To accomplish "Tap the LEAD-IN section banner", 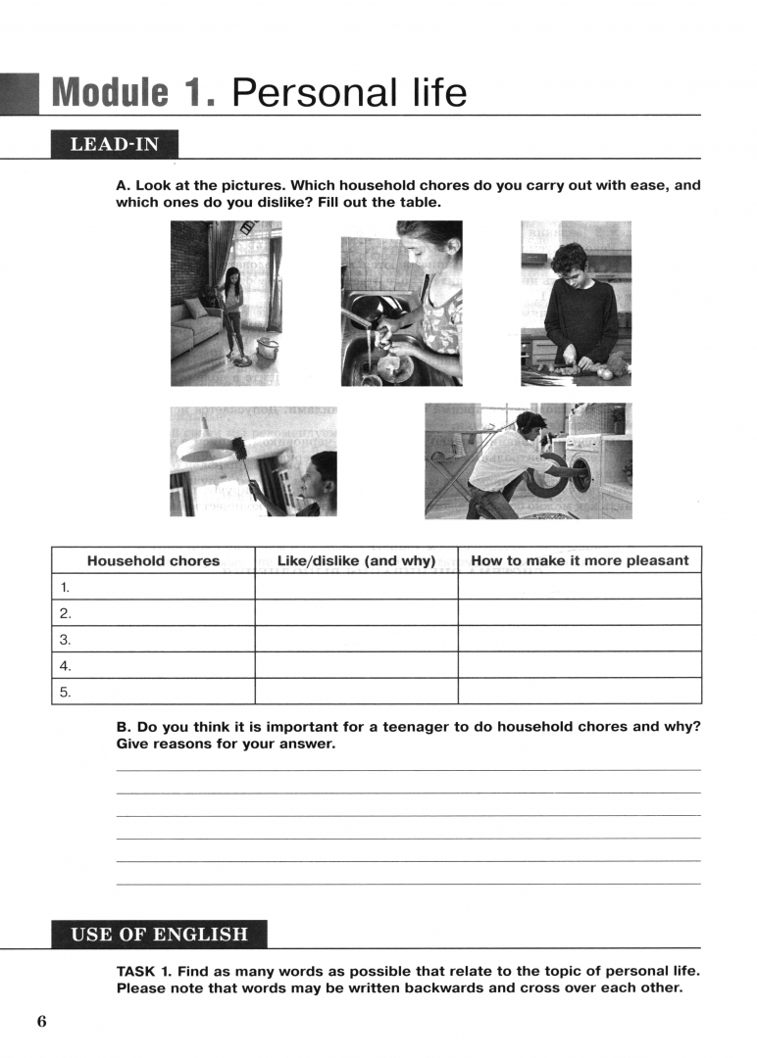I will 114,145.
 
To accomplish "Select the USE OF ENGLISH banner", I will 159,934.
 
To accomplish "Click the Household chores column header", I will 153,561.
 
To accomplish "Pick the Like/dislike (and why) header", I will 356,561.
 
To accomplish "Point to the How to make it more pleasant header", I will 580,561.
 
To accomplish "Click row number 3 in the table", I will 66,640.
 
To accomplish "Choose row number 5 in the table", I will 66,692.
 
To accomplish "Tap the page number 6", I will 42,1022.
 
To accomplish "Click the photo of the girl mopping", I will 226,303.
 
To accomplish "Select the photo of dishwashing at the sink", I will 401,303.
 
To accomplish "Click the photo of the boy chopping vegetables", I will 576,303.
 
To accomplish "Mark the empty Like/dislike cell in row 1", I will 356,587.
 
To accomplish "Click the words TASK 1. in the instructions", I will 145,971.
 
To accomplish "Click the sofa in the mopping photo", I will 193,328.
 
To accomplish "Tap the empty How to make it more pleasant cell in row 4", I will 580,665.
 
